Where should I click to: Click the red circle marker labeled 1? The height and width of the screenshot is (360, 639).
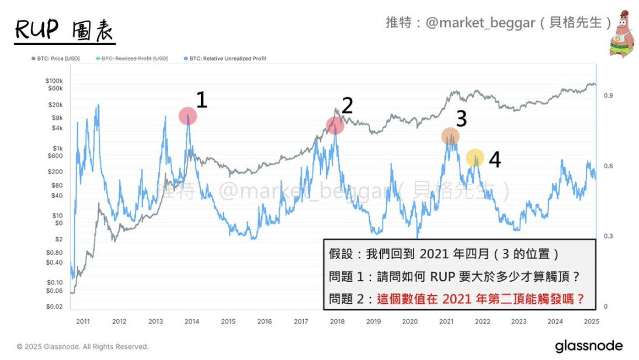(187, 116)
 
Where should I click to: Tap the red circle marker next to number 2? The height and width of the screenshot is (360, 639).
(335, 125)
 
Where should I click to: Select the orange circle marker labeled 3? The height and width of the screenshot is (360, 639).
(450, 136)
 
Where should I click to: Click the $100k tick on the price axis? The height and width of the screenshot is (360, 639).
(54, 81)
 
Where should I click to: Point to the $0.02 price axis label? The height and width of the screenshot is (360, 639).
(55, 306)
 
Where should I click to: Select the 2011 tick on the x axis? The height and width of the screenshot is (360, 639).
(83, 321)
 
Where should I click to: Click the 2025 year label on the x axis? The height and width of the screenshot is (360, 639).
(591, 321)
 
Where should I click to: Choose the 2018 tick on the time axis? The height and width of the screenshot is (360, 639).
(338, 321)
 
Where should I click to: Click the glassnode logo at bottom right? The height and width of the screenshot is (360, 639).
(588, 345)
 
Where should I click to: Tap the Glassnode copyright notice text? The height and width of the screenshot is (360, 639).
(82, 347)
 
